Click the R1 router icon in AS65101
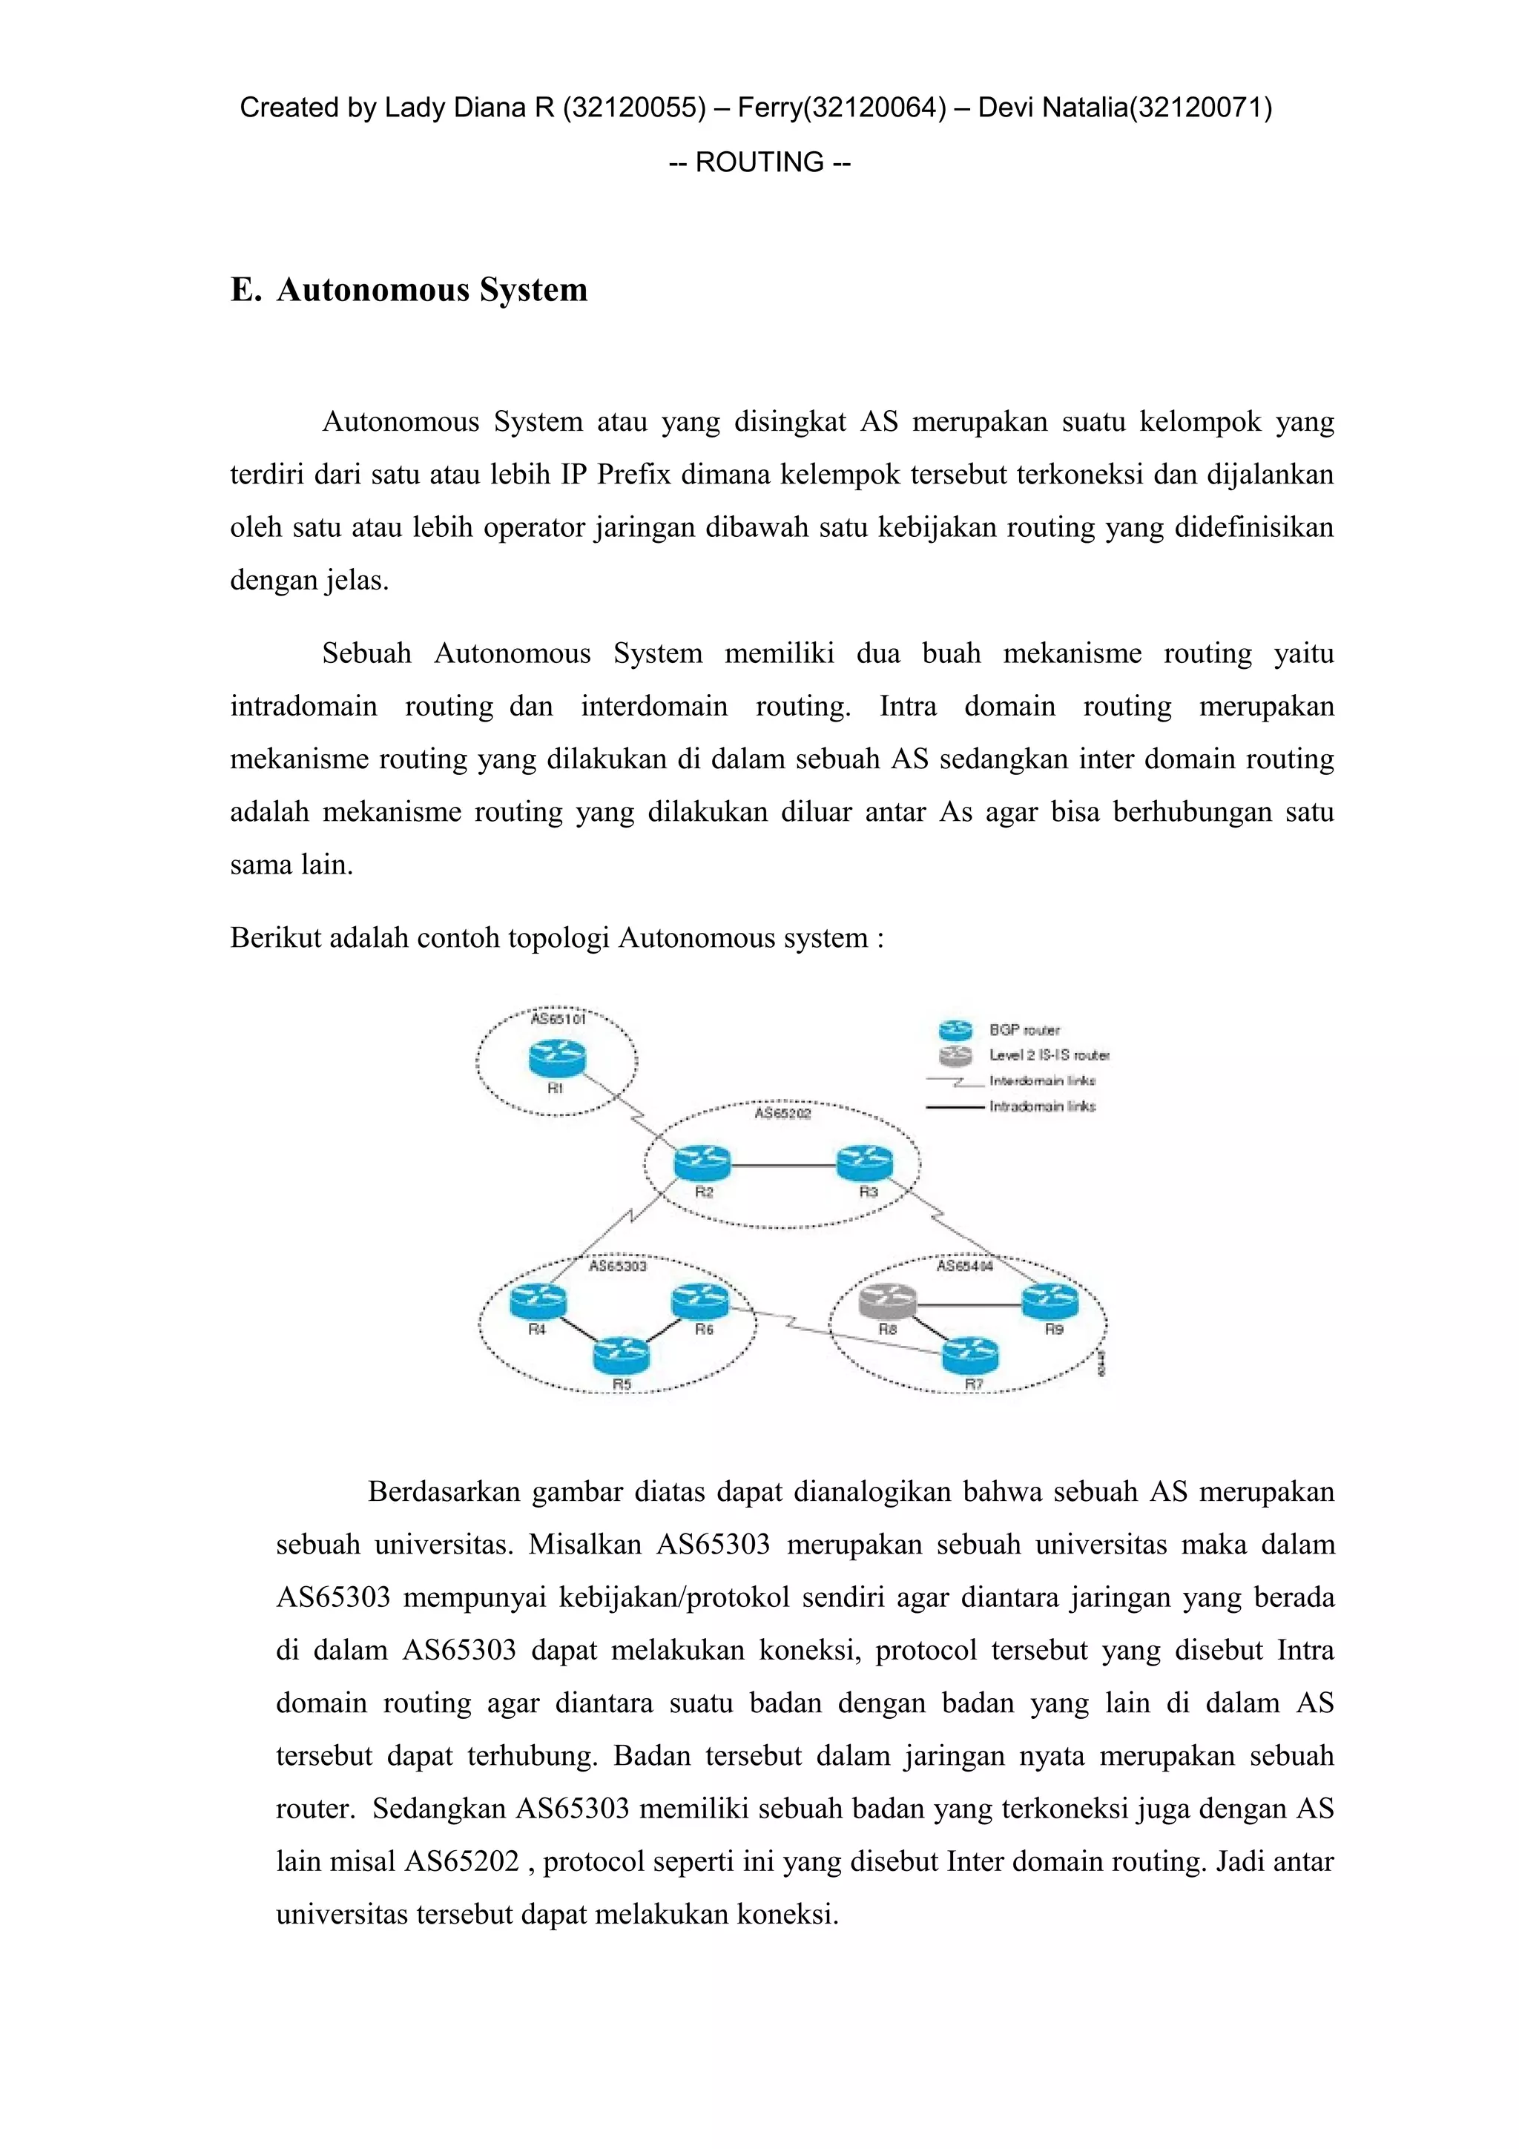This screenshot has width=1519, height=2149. click(x=556, y=1059)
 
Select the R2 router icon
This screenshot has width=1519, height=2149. click(x=702, y=1164)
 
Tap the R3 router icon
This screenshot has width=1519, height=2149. click(x=865, y=1163)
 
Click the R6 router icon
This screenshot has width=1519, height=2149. click(x=700, y=1300)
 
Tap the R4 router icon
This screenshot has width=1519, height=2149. click(x=538, y=1300)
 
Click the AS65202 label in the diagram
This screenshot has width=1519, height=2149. click(x=782, y=1113)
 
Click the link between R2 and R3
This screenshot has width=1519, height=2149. click(x=783, y=1165)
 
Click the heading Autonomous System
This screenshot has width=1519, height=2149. click(x=432, y=289)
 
